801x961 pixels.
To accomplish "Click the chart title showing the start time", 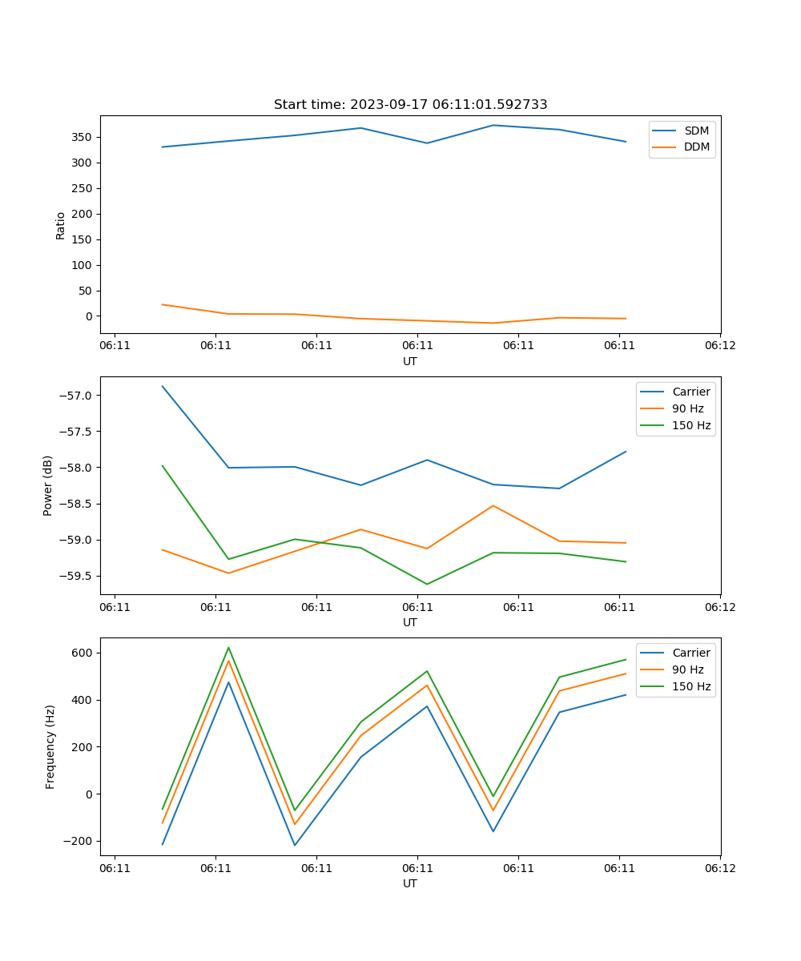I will click(410, 105).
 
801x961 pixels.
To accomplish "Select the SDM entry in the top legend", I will click(696, 131).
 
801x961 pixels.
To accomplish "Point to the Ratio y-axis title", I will click(61, 225).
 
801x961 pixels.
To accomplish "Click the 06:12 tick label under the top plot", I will click(719, 346).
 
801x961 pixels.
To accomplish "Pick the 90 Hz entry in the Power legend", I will click(687, 408).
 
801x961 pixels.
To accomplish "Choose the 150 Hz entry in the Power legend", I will click(690, 425).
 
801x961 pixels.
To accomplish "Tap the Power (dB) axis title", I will click(48, 485).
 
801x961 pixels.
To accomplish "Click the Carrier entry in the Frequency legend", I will click(690, 653).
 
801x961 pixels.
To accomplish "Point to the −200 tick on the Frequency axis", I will click(79, 842).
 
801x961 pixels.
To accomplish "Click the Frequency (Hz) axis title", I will click(50, 746).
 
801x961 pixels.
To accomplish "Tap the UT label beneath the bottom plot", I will click(410, 883).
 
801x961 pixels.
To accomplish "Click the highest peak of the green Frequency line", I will click(228, 647).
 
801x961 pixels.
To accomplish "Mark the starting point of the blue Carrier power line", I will click(163, 386).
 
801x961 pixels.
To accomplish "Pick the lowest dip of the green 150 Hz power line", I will click(427, 584).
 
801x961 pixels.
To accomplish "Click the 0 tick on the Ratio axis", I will click(90, 316).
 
